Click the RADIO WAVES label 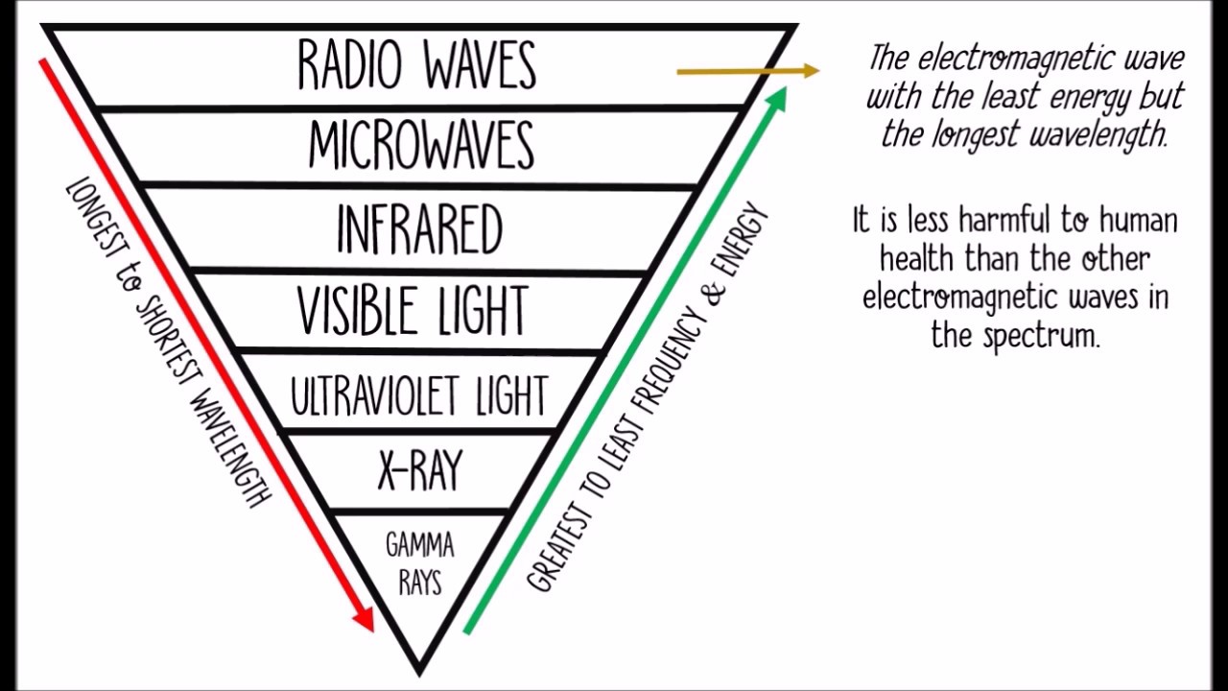click(x=416, y=65)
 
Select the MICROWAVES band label click(x=421, y=146)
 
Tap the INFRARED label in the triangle click(x=419, y=228)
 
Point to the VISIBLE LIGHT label click(x=413, y=310)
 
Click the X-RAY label click(x=420, y=470)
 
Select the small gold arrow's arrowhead click(x=811, y=70)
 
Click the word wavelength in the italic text click(x=1098, y=134)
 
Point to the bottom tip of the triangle click(x=419, y=670)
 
